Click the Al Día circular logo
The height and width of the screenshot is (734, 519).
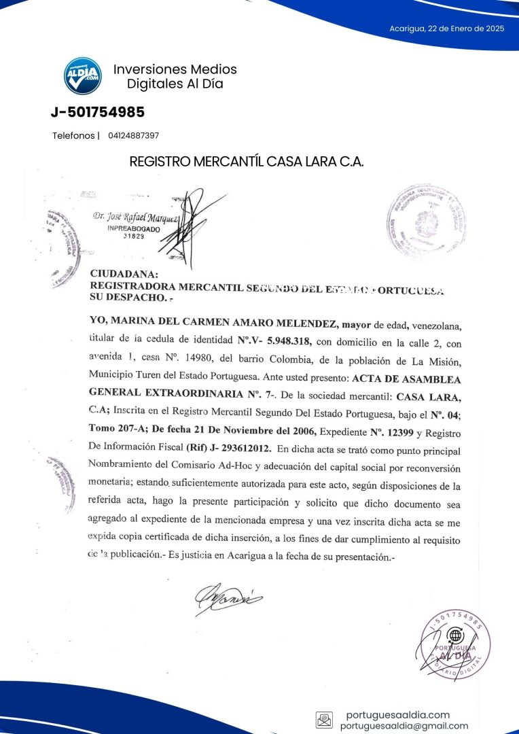point(83,75)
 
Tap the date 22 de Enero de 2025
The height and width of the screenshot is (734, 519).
point(446,29)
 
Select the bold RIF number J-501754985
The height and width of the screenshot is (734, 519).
point(98,112)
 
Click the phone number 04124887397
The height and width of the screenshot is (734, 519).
point(133,136)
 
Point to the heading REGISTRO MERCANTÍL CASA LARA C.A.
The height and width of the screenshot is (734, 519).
point(247,162)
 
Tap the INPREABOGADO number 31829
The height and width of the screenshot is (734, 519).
point(133,237)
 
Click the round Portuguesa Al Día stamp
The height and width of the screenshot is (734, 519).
point(455,642)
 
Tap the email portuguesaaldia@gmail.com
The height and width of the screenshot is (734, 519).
point(404,726)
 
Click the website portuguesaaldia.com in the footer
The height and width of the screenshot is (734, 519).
point(397,714)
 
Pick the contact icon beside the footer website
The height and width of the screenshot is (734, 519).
point(324,720)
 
